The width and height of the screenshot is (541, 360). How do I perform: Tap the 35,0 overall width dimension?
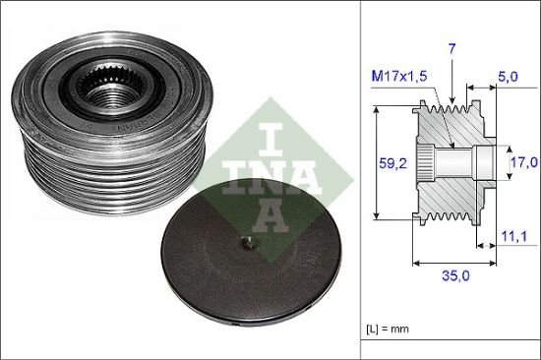tap(454, 277)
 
